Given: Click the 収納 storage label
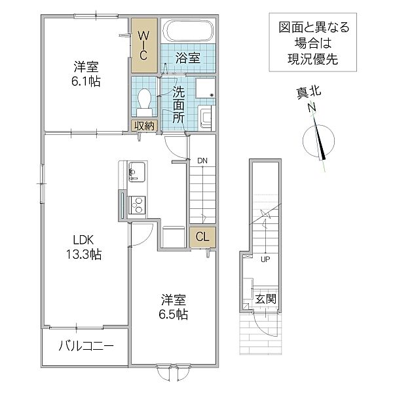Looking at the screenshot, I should [144, 126].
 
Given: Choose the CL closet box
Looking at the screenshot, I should [202, 238].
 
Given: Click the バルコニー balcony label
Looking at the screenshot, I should [86, 345].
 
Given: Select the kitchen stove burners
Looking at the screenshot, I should [137, 204].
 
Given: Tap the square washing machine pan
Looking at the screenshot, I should [206, 91].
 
